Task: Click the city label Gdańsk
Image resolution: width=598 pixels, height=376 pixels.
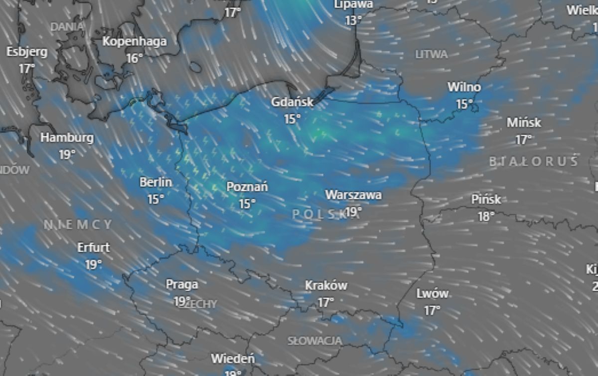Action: coord(292,102)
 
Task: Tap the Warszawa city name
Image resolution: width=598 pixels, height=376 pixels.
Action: coord(353,195)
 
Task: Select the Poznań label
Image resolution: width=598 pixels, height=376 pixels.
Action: coord(247,187)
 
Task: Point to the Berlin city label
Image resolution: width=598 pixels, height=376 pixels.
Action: coord(155,183)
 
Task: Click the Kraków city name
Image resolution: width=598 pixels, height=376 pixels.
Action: coord(326,286)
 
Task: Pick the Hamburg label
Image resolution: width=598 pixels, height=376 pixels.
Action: coord(67,138)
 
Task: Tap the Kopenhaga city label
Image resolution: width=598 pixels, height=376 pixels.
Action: coord(135,41)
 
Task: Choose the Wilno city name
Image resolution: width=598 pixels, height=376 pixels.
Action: coord(464,87)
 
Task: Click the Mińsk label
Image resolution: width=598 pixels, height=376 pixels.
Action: coord(524,123)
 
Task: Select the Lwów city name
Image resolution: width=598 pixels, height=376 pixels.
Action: coord(432,294)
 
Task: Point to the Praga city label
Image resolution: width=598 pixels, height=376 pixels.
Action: coord(182,285)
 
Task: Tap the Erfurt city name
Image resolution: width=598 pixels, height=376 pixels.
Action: coord(94,248)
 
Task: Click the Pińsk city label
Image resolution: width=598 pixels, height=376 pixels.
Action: coord(486,200)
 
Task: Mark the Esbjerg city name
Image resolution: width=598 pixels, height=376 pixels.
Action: coord(27,52)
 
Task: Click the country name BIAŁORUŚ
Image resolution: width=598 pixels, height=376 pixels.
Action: coord(534,161)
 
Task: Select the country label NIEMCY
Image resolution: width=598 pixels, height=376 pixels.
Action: coord(78,225)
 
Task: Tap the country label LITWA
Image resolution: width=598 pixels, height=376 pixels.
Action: coord(432,54)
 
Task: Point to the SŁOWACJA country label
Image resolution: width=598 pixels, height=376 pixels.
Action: coord(315,341)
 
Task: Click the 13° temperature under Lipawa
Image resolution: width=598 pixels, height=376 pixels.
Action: coord(353,20)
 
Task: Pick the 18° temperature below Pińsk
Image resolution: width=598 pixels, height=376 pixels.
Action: coord(486,216)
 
